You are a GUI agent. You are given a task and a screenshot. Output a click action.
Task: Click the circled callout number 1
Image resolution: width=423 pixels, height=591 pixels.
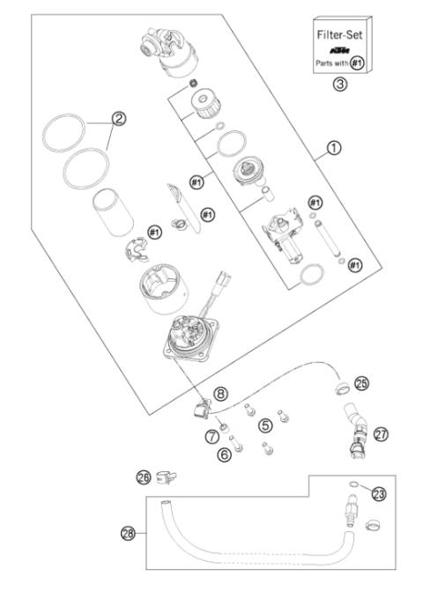tap(333, 150)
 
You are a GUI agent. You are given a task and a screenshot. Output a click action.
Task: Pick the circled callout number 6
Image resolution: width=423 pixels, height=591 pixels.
tap(226, 454)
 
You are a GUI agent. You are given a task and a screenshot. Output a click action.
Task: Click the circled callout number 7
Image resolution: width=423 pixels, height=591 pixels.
tap(211, 436)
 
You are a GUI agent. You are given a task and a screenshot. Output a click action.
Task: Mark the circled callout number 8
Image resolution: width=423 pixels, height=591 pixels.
tap(220, 394)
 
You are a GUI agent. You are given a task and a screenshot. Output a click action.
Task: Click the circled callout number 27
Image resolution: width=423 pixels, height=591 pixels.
tap(380, 434)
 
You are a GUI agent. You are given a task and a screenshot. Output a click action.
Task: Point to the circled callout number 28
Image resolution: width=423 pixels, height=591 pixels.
tap(128, 533)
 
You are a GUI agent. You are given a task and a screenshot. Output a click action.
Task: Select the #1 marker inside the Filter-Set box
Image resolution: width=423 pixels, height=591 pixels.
tap(357, 63)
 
